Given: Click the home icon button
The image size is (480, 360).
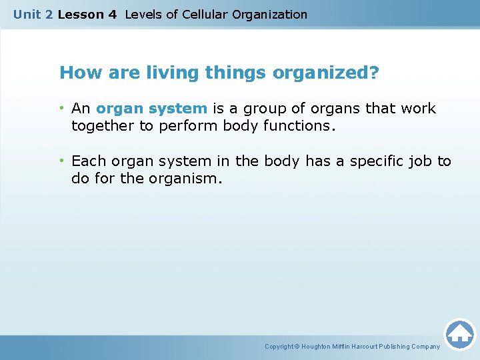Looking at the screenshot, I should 459,333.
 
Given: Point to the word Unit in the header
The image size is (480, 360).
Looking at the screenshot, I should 27,15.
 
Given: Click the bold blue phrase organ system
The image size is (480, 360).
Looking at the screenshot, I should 151,109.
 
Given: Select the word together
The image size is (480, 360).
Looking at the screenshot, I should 103,125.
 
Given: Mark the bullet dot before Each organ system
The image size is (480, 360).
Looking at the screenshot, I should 63,161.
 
